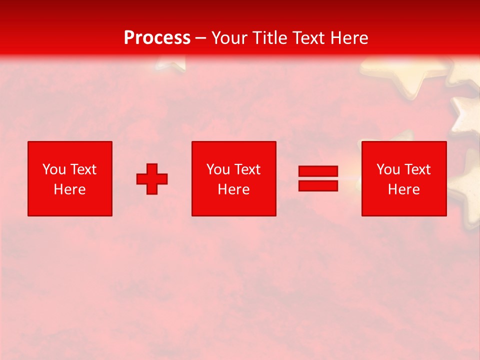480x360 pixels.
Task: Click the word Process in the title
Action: [157, 38]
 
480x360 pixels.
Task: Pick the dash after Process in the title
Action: [201, 38]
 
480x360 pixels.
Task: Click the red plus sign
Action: [152, 179]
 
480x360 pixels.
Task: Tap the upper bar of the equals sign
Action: [318, 171]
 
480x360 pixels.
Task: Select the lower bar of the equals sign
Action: [318, 185]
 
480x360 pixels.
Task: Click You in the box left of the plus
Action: [54, 169]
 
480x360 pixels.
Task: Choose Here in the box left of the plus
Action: [69, 189]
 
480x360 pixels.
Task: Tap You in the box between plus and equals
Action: [218, 169]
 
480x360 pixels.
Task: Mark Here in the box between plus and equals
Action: [233, 189]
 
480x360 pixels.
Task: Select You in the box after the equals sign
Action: [388, 169]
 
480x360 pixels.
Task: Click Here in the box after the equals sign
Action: [403, 189]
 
